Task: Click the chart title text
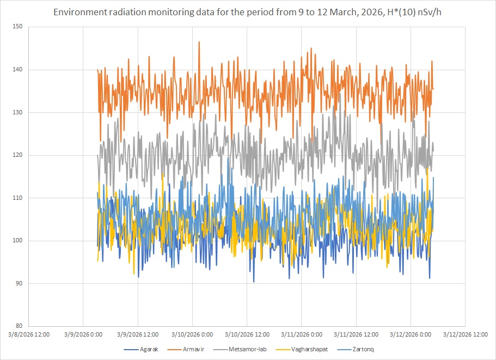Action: click(x=248, y=11)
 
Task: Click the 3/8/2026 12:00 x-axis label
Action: click(x=28, y=334)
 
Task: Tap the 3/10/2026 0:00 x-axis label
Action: click(x=192, y=334)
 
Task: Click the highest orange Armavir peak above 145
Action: click(x=199, y=42)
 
